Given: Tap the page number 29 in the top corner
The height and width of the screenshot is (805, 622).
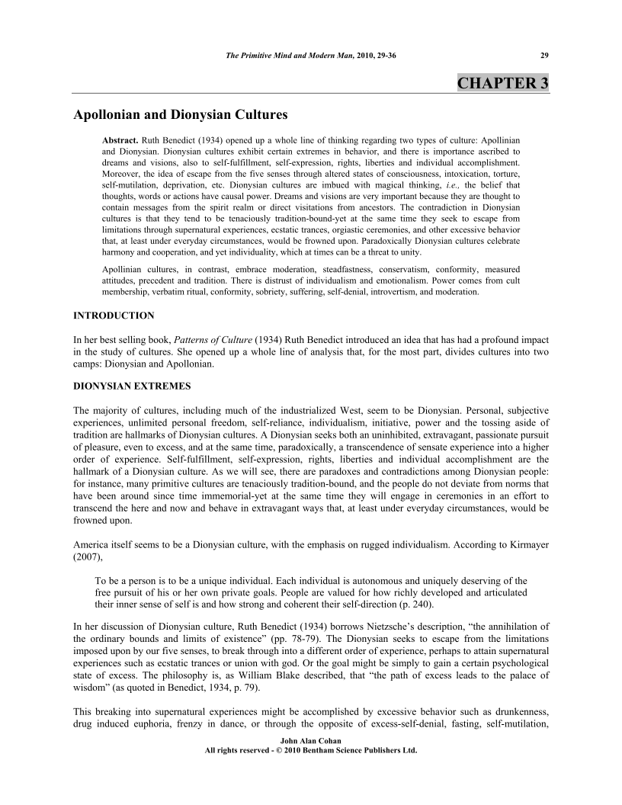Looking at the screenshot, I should click(x=543, y=56).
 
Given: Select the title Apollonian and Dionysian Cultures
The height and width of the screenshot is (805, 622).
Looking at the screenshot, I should click(x=180, y=116).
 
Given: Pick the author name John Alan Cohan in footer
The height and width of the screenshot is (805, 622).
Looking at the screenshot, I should click(x=311, y=741).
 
